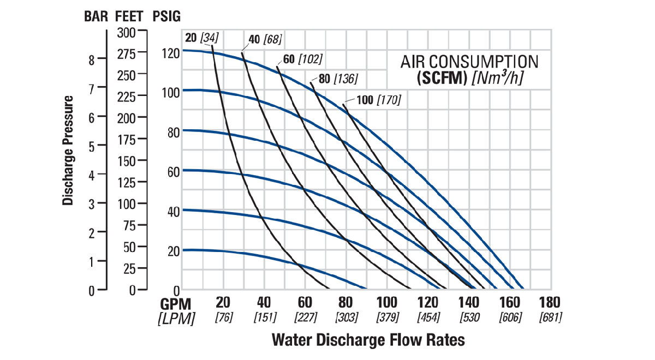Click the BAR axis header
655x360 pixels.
(x=96, y=16)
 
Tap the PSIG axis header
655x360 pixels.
(x=166, y=16)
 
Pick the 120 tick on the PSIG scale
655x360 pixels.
(x=171, y=54)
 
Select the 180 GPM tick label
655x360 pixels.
(x=550, y=302)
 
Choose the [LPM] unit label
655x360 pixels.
(x=176, y=319)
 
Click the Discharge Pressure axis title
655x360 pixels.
(x=68, y=151)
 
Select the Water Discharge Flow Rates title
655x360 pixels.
(x=368, y=340)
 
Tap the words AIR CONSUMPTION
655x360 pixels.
(x=469, y=62)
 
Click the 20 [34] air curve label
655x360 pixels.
(x=202, y=38)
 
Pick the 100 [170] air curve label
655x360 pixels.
(x=379, y=100)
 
